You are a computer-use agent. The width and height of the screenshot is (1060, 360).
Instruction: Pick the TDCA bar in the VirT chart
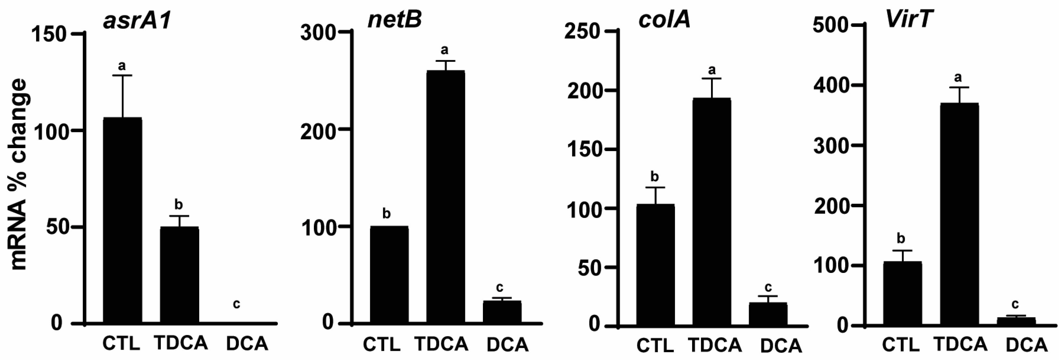click(x=959, y=214)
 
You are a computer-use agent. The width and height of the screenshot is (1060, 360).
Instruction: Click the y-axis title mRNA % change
click(x=19, y=175)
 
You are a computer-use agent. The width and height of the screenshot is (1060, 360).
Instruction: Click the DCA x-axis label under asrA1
click(x=247, y=343)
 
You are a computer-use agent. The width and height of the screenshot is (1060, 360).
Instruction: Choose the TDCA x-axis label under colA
click(x=715, y=345)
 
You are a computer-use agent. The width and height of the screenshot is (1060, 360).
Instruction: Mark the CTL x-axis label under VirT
click(x=900, y=345)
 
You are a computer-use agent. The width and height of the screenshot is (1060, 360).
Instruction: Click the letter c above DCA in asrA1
click(x=236, y=304)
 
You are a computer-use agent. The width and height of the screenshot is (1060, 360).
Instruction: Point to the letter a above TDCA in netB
click(x=445, y=50)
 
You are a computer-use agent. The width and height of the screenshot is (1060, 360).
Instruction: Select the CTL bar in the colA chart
click(x=655, y=265)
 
